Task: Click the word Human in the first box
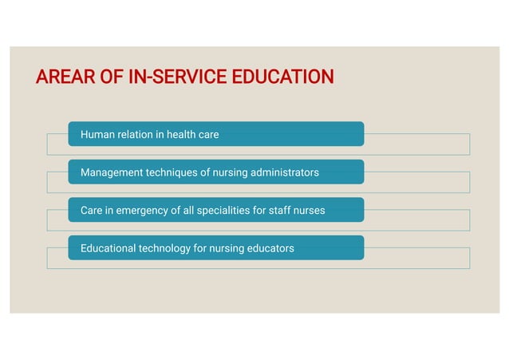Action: pyautogui.click(x=97, y=134)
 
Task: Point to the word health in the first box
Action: pyautogui.click(x=182, y=134)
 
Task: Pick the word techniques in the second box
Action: pyautogui.click(x=172, y=172)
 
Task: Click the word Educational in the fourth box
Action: pyautogui.click(x=109, y=248)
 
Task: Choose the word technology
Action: pyautogui.click(x=165, y=248)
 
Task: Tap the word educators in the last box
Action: pyautogui.click(x=270, y=248)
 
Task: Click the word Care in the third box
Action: pyautogui.click(x=92, y=211)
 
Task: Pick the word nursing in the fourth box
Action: pyautogui.click(x=227, y=248)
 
